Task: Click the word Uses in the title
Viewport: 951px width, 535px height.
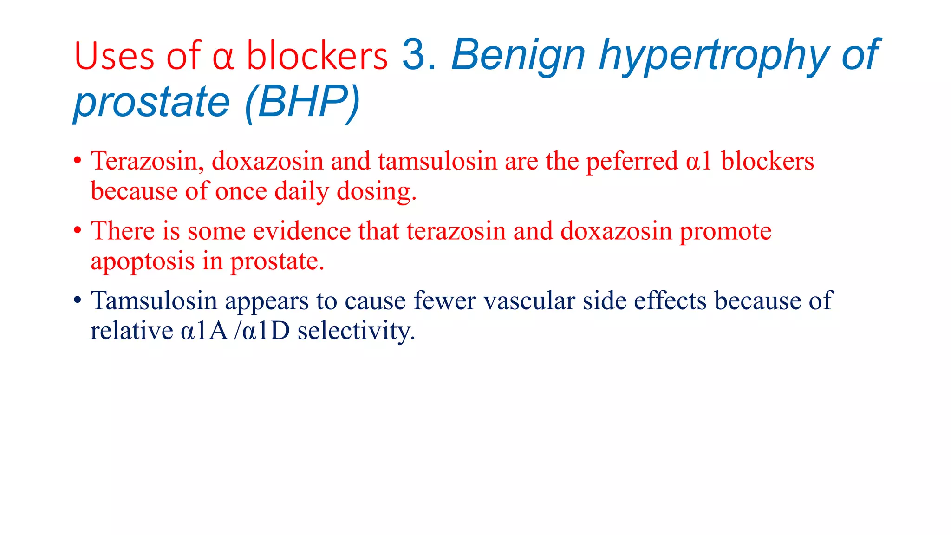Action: [x=114, y=57]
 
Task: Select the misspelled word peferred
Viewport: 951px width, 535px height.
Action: [x=632, y=161]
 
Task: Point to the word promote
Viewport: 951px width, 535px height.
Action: [x=725, y=231]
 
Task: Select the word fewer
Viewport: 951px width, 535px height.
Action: [x=444, y=300]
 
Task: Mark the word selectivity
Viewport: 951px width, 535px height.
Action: [x=356, y=331]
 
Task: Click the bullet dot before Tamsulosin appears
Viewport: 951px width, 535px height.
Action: [x=78, y=300]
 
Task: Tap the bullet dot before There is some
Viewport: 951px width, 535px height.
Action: [x=78, y=230]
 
